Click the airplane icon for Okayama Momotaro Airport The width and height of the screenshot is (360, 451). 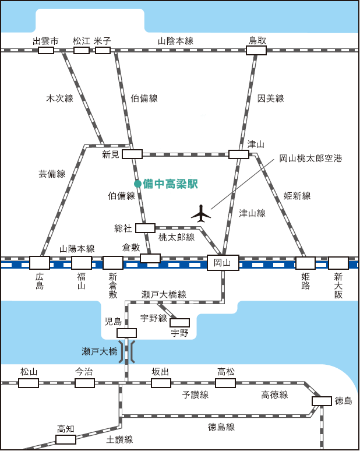(201, 214)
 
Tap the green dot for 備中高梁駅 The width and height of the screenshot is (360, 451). (137, 184)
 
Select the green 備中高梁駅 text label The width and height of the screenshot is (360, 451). (171, 184)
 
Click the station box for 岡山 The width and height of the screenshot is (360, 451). (223, 263)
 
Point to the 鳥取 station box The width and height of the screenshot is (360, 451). (256, 51)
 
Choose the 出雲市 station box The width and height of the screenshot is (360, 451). (46, 51)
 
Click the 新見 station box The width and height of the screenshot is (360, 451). (132, 154)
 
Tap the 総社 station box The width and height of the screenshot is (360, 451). (145, 228)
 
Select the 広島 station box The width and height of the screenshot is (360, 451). (40, 263)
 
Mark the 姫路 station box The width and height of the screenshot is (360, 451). (305, 263)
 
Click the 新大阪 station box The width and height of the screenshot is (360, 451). (338, 263)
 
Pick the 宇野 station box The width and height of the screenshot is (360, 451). (179, 323)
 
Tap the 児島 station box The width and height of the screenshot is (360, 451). (126, 333)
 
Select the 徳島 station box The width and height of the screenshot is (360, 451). (322, 401)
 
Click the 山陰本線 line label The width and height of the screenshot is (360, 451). (175, 41)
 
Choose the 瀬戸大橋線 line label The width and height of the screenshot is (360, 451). (164, 294)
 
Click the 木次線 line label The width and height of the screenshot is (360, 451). (59, 98)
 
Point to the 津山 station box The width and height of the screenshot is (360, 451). (239, 154)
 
